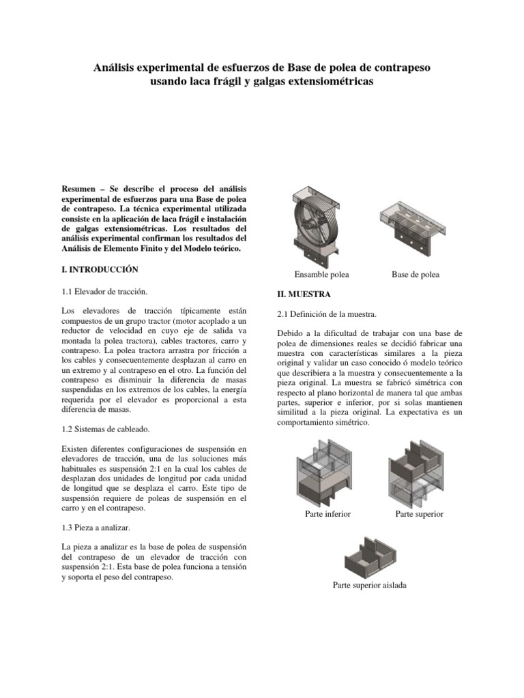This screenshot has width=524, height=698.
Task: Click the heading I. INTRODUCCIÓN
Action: tap(100, 271)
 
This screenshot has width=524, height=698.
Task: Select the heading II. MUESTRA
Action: tap(303, 294)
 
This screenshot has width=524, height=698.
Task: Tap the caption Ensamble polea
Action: tap(321, 274)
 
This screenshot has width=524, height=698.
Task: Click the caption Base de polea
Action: tap(416, 274)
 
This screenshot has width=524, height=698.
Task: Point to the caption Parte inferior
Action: tap(327, 513)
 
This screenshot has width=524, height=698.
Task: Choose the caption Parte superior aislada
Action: tap(369, 585)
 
